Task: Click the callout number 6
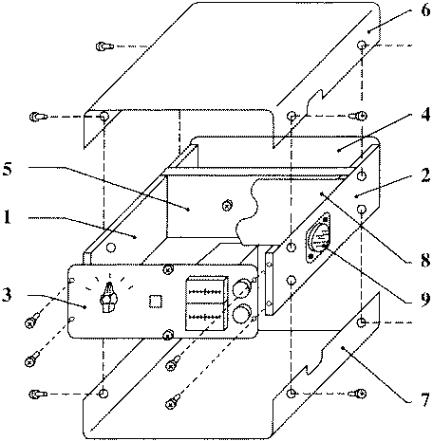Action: tap(425, 10)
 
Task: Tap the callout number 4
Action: tap(425, 114)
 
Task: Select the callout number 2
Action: tap(425, 175)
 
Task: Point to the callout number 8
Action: tap(425, 260)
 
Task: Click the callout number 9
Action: tap(425, 299)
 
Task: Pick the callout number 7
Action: tap(425, 399)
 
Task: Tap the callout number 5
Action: tap(7, 169)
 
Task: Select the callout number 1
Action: tap(7, 217)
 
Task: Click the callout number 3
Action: tap(7, 295)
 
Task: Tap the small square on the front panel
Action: tap(156, 302)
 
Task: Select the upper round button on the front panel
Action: tap(241, 286)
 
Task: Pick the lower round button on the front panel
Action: tap(241, 314)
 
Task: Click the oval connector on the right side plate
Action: tap(317, 238)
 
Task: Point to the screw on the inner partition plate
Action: tap(227, 205)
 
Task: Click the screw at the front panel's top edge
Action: tap(168, 269)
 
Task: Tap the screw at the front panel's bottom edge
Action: tap(168, 335)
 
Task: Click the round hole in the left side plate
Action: tap(111, 248)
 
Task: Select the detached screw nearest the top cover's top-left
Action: tap(105, 46)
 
